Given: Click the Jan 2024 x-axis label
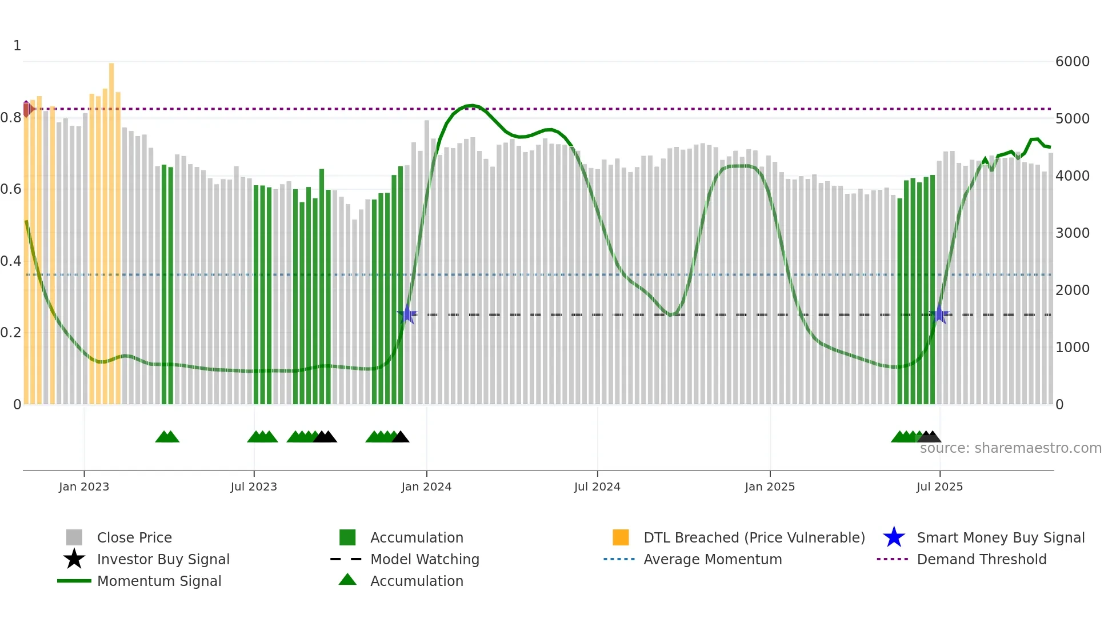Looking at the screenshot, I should coord(426,487).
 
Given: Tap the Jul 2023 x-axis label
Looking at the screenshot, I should coord(254,487).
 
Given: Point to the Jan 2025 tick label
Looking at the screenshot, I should coord(770,487).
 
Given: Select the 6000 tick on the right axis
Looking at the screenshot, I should coord(1073,62).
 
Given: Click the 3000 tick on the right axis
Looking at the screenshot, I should coord(1073,233).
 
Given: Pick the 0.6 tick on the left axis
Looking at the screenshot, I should coord(11,189).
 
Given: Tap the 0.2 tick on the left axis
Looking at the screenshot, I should coord(11,333).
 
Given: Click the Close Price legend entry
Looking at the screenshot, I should coord(134,537).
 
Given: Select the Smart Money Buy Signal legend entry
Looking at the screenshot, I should coord(1000,537).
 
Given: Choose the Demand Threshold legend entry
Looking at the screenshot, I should coord(981,559).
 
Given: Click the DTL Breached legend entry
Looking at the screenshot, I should coord(754,537).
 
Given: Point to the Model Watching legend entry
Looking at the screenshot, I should coord(425,559).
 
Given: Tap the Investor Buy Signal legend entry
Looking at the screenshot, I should coord(163,559).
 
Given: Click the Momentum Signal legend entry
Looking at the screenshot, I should coord(159,581).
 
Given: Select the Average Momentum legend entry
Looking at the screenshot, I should coord(712,559).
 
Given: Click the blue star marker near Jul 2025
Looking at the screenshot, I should coord(939,314).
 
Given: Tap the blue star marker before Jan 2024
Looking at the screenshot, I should coord(407,314).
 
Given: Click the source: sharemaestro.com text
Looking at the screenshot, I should coord(1010,448).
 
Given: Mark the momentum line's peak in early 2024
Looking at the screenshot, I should coord(470,105).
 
